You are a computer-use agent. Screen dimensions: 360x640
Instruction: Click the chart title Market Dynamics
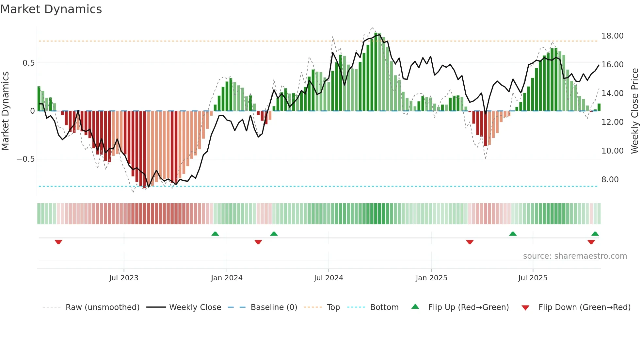[x=51, y=9]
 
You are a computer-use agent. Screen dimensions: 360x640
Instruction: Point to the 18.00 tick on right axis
[x=612, y=36]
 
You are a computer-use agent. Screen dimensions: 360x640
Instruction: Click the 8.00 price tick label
[x=610, y=180]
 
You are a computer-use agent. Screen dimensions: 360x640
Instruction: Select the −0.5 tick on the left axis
[x=25, y=159]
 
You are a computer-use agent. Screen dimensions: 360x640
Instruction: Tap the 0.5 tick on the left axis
[x=28, y=63]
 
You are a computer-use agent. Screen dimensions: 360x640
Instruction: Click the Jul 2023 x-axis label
[x=124, y=278]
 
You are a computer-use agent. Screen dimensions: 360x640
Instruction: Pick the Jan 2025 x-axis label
[x=431, y=278]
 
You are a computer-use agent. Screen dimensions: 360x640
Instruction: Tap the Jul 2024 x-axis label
[x=328, y=278]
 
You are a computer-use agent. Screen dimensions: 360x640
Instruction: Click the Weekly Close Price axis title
[x=634, y=111]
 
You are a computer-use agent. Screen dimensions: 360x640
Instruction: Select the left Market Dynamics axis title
[x=5, y=111]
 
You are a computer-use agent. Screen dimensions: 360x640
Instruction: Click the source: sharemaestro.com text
[x=575, y=256]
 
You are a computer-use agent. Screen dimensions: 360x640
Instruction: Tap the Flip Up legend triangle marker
[x=415, y=306]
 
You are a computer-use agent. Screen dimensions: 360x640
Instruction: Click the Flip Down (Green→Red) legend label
[x=584, y=307]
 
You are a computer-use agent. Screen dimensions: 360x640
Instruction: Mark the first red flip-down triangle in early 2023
[x=58, y=242]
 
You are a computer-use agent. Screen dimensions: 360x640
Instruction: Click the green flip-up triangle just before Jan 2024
[x=215, y=234]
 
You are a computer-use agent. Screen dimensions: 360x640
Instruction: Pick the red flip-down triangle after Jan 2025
[x=470, y=242]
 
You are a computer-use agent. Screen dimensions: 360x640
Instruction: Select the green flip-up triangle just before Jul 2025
[x=513, y=234]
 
